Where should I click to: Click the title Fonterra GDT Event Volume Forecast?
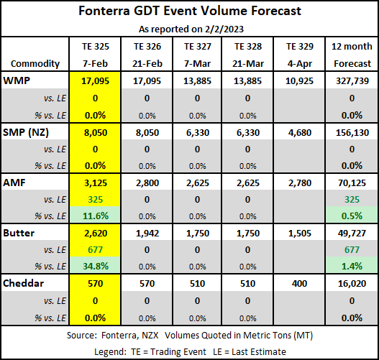pos(190,11)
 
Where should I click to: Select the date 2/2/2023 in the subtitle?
pos(224,29)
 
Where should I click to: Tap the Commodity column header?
pos(35,63)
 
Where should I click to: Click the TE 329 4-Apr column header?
pos(300,55)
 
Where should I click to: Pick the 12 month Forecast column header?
pos(352,55)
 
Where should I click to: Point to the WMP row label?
pos(17,80)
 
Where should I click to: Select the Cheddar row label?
pos(23,283)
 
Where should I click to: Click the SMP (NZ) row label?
pos(26,132)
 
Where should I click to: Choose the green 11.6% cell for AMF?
pos(96,216)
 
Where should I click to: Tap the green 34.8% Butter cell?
pos(96,266)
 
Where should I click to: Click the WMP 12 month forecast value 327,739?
pos(352,81)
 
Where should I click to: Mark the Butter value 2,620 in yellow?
pos(96,234)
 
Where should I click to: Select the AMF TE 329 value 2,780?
pos(300,183)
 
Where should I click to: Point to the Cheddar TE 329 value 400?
pos(299,283)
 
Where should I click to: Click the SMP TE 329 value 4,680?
pos(300,132)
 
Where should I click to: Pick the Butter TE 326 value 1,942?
pos(147,234)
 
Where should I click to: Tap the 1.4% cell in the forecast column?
pos(352,266)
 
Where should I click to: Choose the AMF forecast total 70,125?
pos(352,183)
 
